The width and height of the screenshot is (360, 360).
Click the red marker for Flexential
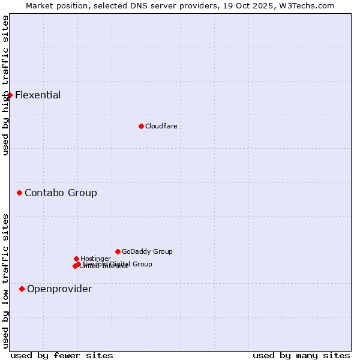[x=10, y=95]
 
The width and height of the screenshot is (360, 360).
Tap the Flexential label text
[x=38, y=95]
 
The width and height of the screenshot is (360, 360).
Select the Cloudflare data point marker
[x=141, y=126]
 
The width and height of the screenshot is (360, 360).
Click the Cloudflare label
[x=161, y=126]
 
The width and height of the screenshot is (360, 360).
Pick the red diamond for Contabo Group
[x=19, y=193]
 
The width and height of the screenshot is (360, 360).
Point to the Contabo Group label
[x=61, y=193]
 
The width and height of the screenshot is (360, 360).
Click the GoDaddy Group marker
[x=118, y=251]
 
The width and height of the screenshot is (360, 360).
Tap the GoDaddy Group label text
[x=147, y=251]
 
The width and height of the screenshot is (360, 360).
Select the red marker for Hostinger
[x=76, y=259]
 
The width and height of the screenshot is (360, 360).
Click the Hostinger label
[x=95, y=259]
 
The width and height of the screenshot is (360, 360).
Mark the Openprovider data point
[x=22, y=289]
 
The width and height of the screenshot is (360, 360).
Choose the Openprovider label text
[x=59, y=289]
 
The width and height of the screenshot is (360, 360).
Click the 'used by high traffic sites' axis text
[x=6, y=85]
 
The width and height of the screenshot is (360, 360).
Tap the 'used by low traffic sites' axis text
[x=6, y=280]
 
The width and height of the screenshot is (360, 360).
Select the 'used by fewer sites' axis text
[x=62, y=355]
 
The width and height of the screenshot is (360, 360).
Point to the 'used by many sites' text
[x=301, y=355]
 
